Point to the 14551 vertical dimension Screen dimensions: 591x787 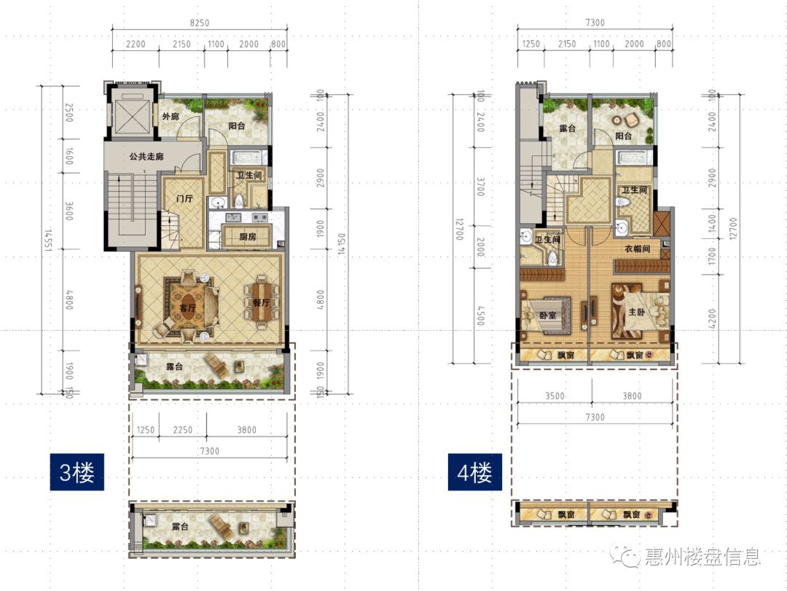(x=48, y=240)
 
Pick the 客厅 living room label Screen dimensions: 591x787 (x=188, y=308)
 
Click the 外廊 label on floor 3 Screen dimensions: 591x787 (x=170, y=117)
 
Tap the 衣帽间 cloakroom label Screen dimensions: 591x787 (x=636, y=249)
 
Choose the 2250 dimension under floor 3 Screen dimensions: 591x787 (x=182, y=430)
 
